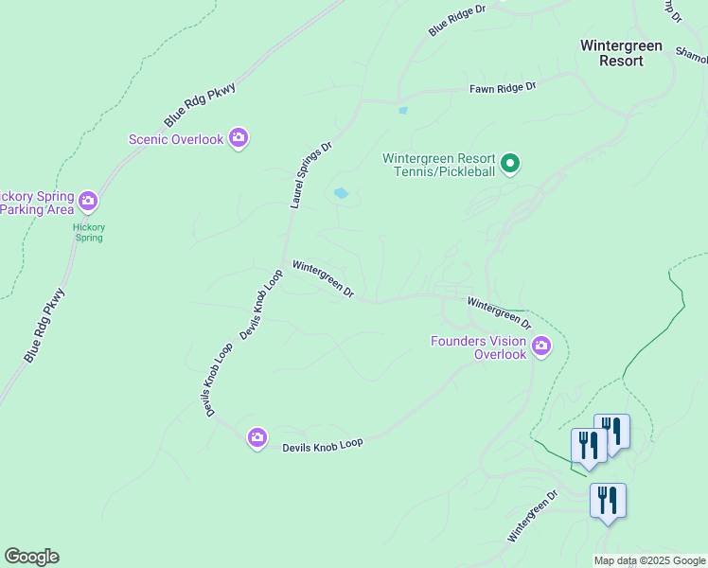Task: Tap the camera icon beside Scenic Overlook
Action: (x=239, y=139)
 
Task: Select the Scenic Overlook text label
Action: (x=176, y=140)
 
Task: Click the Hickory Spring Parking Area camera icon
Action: (x=88, y=201)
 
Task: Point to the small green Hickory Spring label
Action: (x=90, y=233)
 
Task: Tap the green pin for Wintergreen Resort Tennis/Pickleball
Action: (x=510, y=165)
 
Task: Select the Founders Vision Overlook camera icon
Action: (x=541, y=346)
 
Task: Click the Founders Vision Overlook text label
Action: (x=480, y=347)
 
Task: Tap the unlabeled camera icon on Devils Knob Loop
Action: (x=257, y=437)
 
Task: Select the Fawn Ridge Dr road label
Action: (x=503, y=88)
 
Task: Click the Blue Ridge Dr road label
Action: (x=456, y=20)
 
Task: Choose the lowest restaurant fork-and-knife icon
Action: (x=607, y=501)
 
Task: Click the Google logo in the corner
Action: (x=31, y=557)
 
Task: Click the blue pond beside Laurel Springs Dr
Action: (x=341, y=194)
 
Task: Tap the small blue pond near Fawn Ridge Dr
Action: (x=403, y=111)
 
